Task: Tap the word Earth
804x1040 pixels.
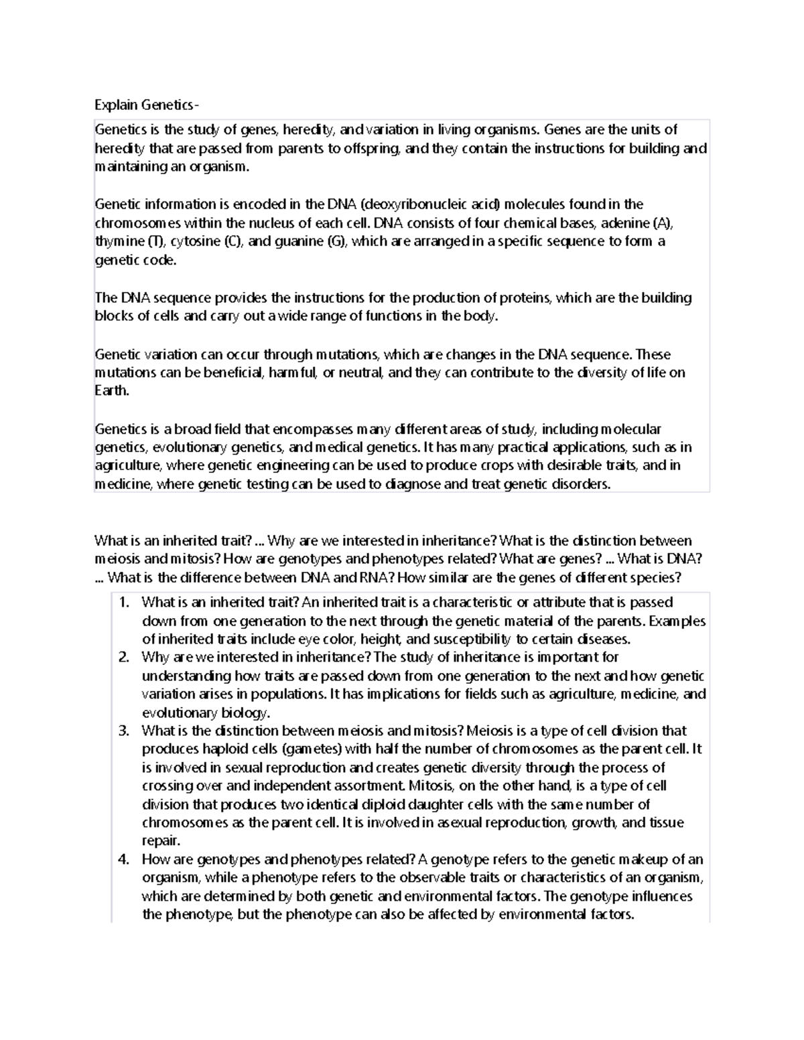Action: coord(111,391)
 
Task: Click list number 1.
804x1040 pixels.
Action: coord(123,603)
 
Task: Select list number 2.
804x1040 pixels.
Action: coord(123,658)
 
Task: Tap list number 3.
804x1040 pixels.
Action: coord(123,731)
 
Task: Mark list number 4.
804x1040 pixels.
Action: coord(123,859)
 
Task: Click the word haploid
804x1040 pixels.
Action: coord(216,749)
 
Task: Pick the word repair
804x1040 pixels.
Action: coord(161,841)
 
